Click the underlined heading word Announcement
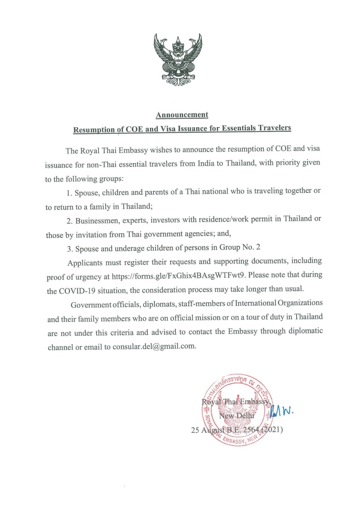click(182, 115)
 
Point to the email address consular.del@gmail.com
click(155, 346)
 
